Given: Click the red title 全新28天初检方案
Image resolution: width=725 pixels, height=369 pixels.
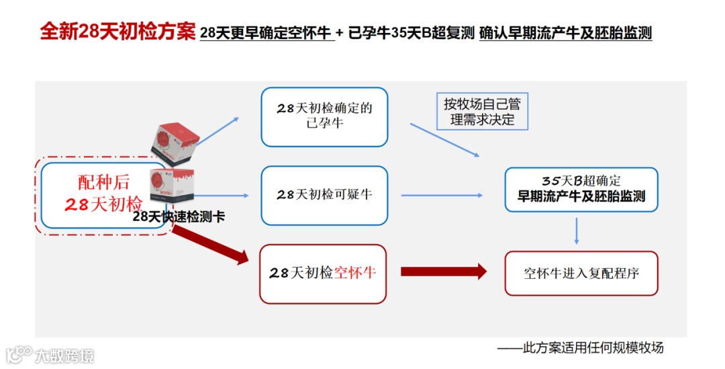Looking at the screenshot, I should click(x=117, y=32).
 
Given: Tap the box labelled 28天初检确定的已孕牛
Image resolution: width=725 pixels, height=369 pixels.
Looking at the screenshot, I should click(x=324, y=116).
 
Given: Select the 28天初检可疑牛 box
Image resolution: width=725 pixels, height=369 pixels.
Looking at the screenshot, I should click(x=324, y=195).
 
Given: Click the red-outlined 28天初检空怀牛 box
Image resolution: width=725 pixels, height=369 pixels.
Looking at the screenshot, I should click(x=323, y=273).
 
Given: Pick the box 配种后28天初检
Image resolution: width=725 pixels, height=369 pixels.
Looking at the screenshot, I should click(x=103, y=195).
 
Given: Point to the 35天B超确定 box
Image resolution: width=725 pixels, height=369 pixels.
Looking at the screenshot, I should click(x=581, y=189).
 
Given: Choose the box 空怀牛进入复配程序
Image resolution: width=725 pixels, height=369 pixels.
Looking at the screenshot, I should click(x=581, y=273).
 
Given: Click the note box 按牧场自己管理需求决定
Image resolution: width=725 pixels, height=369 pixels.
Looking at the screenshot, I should click(x=482, y=112).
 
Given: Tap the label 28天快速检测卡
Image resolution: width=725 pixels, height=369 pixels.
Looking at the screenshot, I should click(x=179, y=216).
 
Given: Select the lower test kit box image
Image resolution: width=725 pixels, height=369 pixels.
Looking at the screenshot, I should click(x=172, y=186).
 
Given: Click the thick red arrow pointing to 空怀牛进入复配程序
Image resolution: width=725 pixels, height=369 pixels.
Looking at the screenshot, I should click(x=444, y=272).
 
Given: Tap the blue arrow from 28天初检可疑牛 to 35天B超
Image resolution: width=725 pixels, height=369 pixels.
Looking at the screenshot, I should click(x=442, y=196).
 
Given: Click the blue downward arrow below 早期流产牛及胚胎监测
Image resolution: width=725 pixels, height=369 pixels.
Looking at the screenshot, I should click(x=576, y=230).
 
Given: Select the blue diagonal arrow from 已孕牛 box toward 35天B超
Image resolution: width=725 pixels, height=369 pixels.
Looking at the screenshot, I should click(x=444, y=140).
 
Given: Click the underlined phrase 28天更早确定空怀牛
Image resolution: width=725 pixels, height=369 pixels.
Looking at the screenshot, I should click(x=267, y=33).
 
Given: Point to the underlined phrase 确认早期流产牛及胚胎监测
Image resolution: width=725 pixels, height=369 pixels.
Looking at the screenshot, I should click(x=565, y=33).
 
